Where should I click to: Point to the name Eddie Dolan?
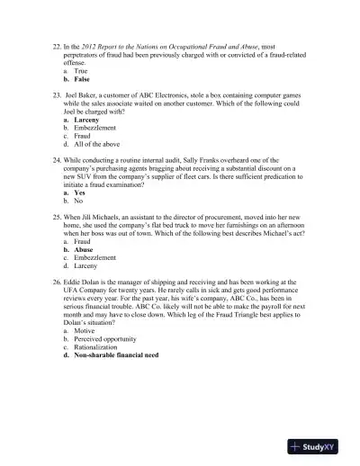point(91,281)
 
